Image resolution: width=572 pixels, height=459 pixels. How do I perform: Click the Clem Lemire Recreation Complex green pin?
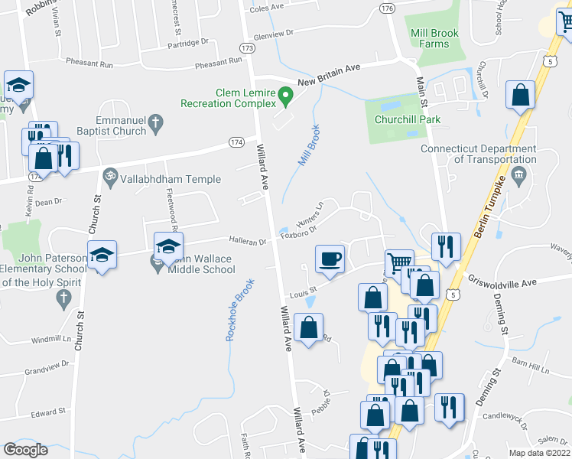(x=286, y=97)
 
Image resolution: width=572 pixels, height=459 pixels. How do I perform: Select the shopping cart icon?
(x=399, y=263)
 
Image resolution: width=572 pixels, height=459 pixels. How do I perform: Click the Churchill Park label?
(x=408, y=119)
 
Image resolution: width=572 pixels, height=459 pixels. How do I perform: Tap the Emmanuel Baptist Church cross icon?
(x=155, y=122)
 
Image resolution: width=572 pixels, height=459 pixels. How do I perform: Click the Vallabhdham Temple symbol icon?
(x=109, y=176)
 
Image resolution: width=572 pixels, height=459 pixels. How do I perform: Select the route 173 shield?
(x=247, y=47)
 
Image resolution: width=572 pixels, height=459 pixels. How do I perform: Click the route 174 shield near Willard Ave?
(x=236, y=142)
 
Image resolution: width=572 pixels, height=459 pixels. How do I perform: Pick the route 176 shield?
(x=387, y=8)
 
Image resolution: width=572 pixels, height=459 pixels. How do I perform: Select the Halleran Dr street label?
(x=251, y=243)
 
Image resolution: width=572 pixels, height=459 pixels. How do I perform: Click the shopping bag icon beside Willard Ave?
(x=308, y=327)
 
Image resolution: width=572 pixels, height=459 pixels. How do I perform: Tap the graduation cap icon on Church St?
(x=101, y=256)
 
